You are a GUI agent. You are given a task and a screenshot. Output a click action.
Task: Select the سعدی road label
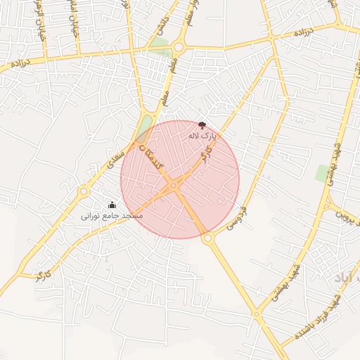[x=115, y=156]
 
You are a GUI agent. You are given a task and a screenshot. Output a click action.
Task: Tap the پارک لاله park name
[x=202, y=135]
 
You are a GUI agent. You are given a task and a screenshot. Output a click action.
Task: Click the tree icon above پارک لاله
[x=202, y=124]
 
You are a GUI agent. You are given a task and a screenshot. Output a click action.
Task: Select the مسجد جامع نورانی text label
[x=112, y=215]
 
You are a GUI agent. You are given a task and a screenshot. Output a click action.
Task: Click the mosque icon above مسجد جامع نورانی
[x=112, y=205]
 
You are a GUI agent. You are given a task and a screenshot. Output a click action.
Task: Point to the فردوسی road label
[x=237, y=219]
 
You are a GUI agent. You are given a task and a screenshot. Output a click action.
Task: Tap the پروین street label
[x=348, y=212]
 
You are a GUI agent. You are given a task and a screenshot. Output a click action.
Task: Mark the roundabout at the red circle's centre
[x=174, y=185]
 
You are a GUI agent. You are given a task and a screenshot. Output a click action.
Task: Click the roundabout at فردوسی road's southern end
[x=207, y=239]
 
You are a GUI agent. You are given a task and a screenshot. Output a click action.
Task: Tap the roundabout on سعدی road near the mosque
[x=84, y=191]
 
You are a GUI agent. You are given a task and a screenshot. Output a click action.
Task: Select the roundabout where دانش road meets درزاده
[x=178, y=48]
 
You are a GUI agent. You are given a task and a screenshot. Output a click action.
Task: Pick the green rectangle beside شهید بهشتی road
[x=323, y=173]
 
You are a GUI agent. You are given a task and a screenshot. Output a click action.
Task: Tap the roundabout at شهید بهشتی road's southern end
[x=257, y=314]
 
